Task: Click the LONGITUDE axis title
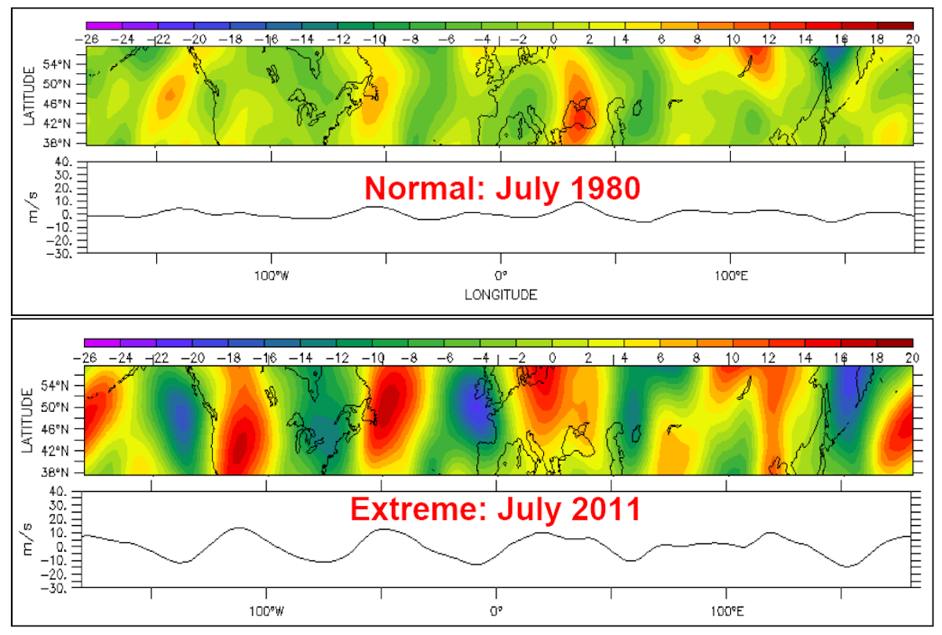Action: click(x=499, y=295)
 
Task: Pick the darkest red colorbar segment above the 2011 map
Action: click(x=894, y=343)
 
